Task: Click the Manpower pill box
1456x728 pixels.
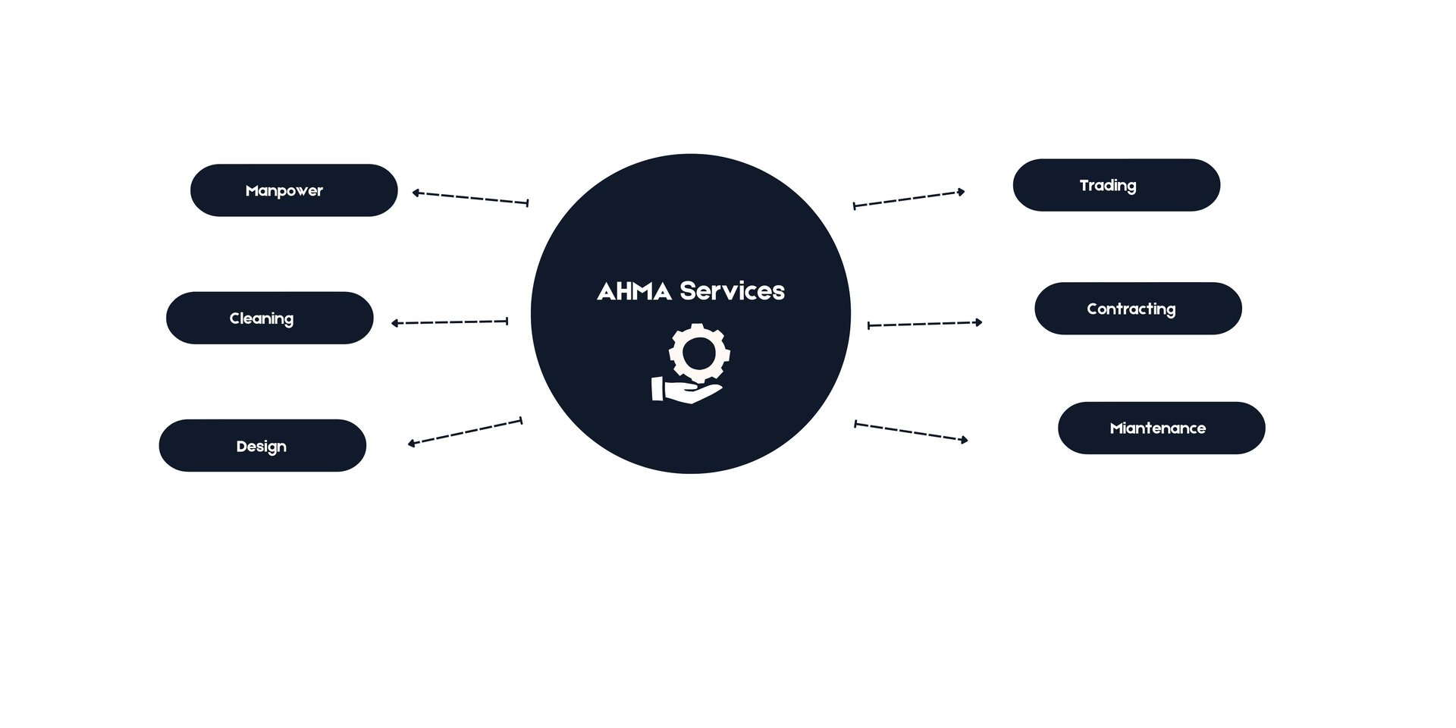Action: coord(293,190)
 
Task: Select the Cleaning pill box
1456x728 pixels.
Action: coord(269,318)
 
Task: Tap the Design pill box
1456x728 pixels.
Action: coord(262,446)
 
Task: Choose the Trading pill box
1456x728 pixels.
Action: coord(1116,185)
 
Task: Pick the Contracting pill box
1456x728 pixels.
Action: coord(1138,309)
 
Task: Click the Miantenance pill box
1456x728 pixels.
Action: coord(1162,428)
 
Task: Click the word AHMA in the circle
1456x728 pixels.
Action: coord(634,291)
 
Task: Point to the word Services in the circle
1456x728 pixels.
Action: coord(733,290)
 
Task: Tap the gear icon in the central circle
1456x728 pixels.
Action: coord(699,352)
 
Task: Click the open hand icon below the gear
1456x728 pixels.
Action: coord(686,391)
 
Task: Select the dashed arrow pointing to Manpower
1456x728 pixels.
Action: coord(470,198)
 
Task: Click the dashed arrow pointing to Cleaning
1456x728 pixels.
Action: coord(450,322)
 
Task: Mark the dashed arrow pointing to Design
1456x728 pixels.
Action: coord(465,431)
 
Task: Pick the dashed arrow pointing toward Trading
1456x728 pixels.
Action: coord(909,199)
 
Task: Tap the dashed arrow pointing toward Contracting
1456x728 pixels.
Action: coord(925,324)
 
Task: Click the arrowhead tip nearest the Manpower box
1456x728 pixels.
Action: coord(412,193)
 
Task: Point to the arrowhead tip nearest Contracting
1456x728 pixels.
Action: coord(983,322)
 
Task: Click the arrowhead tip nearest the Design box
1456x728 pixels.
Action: coord(408,444)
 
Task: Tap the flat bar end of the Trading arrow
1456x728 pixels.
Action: coord(854,206)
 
